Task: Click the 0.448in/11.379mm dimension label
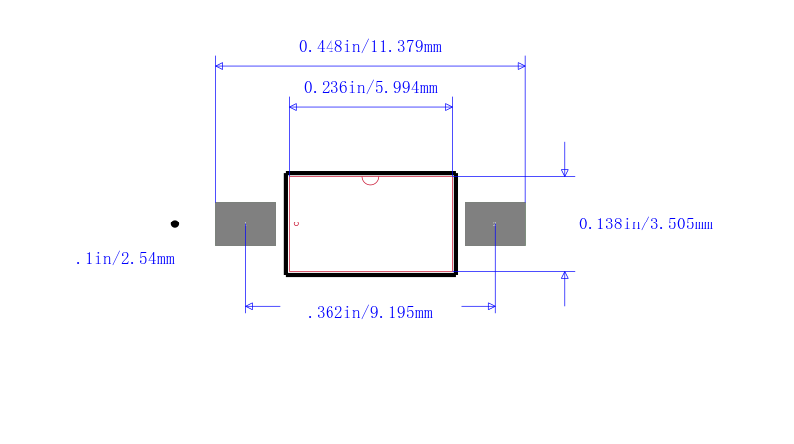(369, 47)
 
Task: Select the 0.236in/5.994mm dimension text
(370, 88)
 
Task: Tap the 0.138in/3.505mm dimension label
(645, 224)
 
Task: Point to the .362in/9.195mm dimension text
(369, 312)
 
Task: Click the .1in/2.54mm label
(125, 259)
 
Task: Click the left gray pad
(245, 224)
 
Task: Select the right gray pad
(495, 224)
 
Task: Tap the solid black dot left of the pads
(175, 224)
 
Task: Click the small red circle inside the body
(296, 224)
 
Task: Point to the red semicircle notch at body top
(370, 183)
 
